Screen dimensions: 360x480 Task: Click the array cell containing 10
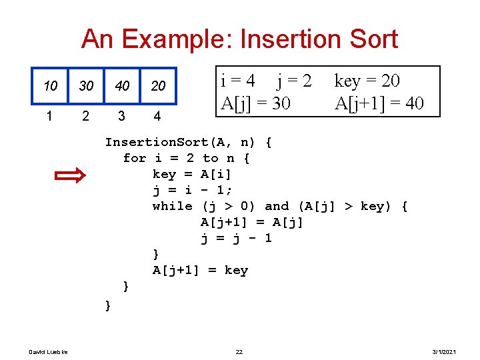(x=50, y=86)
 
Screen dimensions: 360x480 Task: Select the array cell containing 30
(x=86, y=86)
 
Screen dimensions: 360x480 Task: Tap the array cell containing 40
(x=122, y=86)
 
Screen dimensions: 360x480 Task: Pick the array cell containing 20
(x=158, y=86)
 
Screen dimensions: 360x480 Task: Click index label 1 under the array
(x=49, y=116)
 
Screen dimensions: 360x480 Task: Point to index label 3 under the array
(x=121, y=116)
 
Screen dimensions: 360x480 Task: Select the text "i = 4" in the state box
(x=238, y=81)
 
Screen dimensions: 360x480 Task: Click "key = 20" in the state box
(x=367, y=81)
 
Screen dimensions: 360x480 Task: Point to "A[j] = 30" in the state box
(x=255, y=103)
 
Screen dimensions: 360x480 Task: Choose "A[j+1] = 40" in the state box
(x=379, y=103)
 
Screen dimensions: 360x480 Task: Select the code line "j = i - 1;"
(x=193, y=190)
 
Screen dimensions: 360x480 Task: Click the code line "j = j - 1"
(x=236, y=238)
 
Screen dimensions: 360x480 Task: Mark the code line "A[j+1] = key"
(x=200, y=270)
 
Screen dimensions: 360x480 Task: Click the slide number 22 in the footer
(x=239, y=351)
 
